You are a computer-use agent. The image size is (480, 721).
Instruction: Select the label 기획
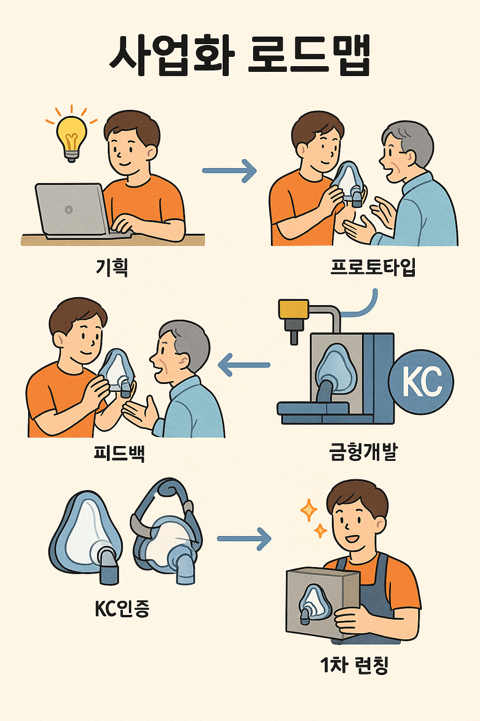(112, 268)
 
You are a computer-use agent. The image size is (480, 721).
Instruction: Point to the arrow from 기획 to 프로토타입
(230, 170)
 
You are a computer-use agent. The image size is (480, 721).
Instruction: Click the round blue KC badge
(421, 382)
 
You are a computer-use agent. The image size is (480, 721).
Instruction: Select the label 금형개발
(363, 453)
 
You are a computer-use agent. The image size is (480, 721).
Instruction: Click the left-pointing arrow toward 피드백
(244, 365)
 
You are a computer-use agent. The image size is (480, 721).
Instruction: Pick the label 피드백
(119, 453)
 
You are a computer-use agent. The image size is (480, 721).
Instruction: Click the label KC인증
(122, 609)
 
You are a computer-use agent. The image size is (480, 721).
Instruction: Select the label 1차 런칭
(354, 665)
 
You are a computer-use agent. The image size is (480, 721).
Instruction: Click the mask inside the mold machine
(336, 368)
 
